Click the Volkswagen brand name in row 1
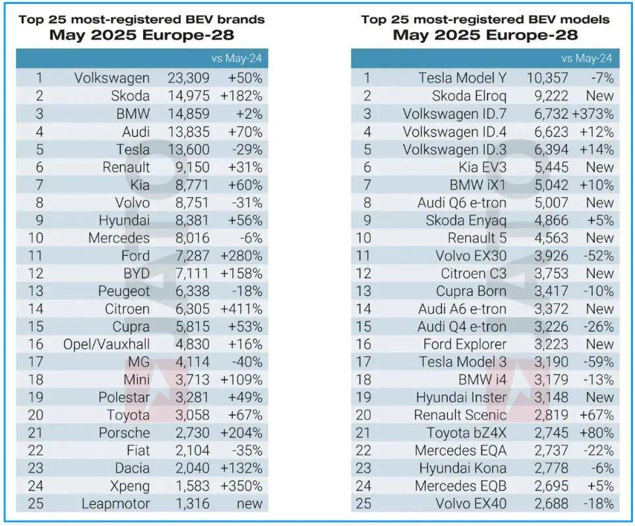[x=112, y=78]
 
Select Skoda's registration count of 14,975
[x=189, y=96]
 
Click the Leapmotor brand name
[x=114, y=504]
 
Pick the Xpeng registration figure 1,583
[x=189, y=486]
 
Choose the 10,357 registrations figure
[x=547, y=78]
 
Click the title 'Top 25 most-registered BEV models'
[x=485, y=19]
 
